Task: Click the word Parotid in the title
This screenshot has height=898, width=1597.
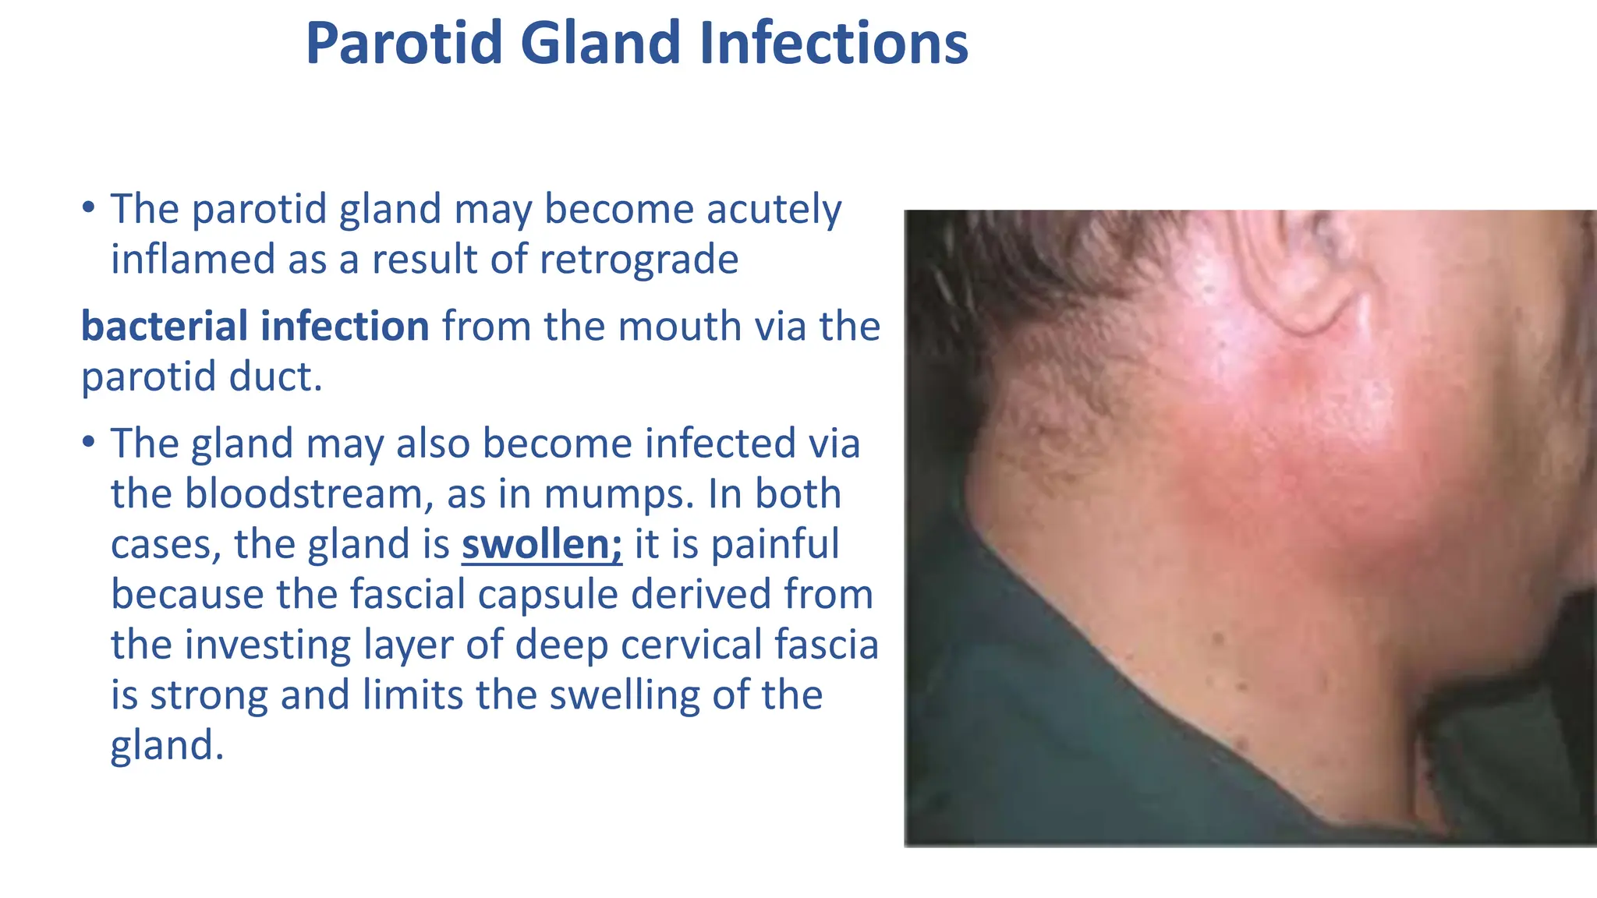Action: [x=403, y=43]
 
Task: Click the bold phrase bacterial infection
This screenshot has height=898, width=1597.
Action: [x=255, y=326]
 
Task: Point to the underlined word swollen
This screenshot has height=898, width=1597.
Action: [x=541, y=544]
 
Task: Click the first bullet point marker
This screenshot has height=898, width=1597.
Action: [x=88, y=208]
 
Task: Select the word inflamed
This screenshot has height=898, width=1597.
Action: [x=193, y=260]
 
